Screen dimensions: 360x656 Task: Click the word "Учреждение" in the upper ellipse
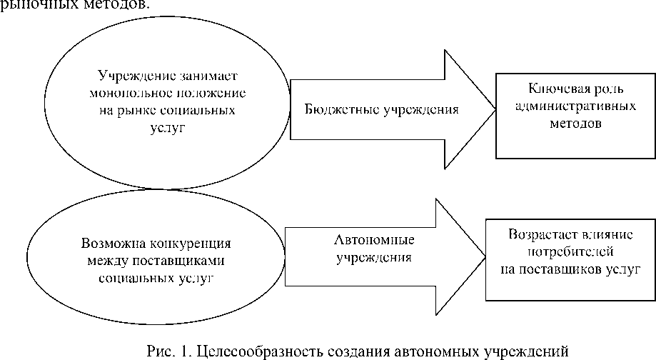pyautogui.click(x=125, y=76)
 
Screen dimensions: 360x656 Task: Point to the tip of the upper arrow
pyautogui.click(x=495, y=109)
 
